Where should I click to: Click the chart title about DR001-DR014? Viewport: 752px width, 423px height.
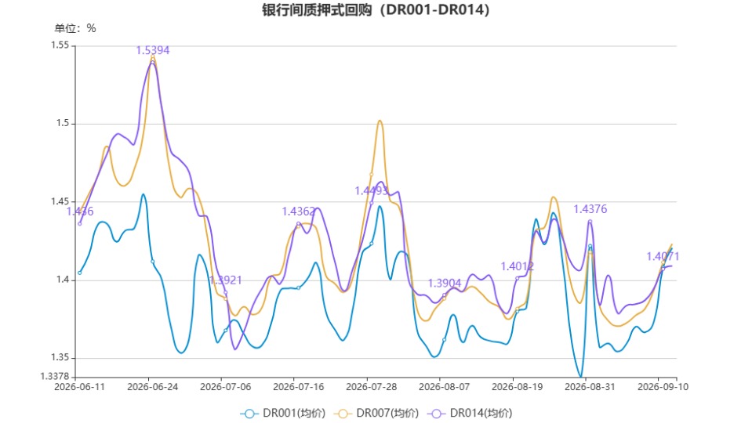(376, 9)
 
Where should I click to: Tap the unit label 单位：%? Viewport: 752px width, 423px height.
(75, 28)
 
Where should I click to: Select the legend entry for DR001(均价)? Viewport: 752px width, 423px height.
(283, 413)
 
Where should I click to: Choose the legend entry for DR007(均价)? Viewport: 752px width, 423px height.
(376, 413)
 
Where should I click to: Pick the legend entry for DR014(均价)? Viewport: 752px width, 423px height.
(470, 413)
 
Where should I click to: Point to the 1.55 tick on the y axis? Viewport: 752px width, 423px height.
(60, 45)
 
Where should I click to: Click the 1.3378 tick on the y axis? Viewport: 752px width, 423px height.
(55, 376)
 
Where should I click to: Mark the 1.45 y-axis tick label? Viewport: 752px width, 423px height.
(60, 201)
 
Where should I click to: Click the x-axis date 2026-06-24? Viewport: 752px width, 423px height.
(152, 387)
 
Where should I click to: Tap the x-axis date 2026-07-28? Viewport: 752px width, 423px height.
(371, 387)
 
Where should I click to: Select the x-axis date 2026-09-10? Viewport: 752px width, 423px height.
(663, 387)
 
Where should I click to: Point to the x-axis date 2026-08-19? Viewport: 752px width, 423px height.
(517, 387)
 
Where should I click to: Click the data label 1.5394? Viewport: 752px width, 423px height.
(152, 50)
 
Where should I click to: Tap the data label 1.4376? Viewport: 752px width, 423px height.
(590, 209)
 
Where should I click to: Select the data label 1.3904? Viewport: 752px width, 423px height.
(444, 283)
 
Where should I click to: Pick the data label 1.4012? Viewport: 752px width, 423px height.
(517, 266)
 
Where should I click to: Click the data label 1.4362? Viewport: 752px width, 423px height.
(298, 211)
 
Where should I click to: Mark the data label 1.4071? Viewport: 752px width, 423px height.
(663, 256)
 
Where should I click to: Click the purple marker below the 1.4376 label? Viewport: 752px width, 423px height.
(590, 222)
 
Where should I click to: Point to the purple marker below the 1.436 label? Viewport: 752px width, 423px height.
(80, 224)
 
